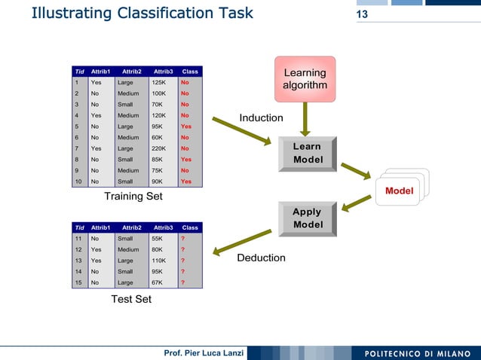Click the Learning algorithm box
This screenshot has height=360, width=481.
[x=305, y=79]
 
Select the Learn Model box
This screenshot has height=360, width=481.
[x=307, y=153]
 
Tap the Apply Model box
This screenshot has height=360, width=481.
[x=307, y=218]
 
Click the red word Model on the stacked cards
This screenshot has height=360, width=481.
[x=399, y=191]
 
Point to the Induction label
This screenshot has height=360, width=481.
[x=261, y=118]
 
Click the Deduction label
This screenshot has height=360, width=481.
[x=261, y=258]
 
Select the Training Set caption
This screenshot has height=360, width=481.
[x=133, y=197]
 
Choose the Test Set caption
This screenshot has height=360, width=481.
[x=131, y=299]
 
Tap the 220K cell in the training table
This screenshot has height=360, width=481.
[x=159, y=149]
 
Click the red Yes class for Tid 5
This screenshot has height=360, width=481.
[x=186, y=127]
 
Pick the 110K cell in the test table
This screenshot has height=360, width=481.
[x=159, y=260]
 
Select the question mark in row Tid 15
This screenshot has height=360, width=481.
[x=182, y=282]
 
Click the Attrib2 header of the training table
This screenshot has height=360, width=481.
[x=131, y=72]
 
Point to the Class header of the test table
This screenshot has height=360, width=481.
[x=190, y=227]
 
